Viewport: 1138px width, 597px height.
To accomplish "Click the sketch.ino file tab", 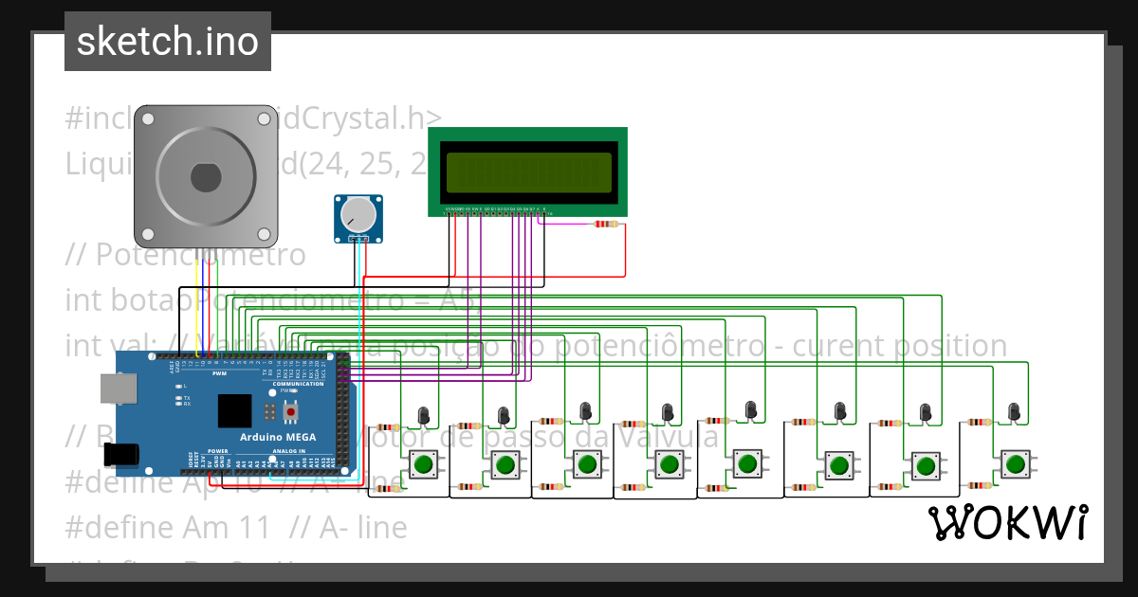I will pos(168,42).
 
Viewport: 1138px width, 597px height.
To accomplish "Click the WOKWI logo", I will pos(1007,522).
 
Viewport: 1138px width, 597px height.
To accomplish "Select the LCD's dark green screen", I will pos(528,171).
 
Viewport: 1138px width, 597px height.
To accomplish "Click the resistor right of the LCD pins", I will pos(604,225).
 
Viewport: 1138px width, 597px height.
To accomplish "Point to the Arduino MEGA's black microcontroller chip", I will pos(234,410).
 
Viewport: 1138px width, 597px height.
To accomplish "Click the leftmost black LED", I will pos(423,415).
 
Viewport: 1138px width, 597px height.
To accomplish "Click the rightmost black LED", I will pos(1014,411).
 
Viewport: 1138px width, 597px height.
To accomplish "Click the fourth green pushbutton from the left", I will pos(668,463).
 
